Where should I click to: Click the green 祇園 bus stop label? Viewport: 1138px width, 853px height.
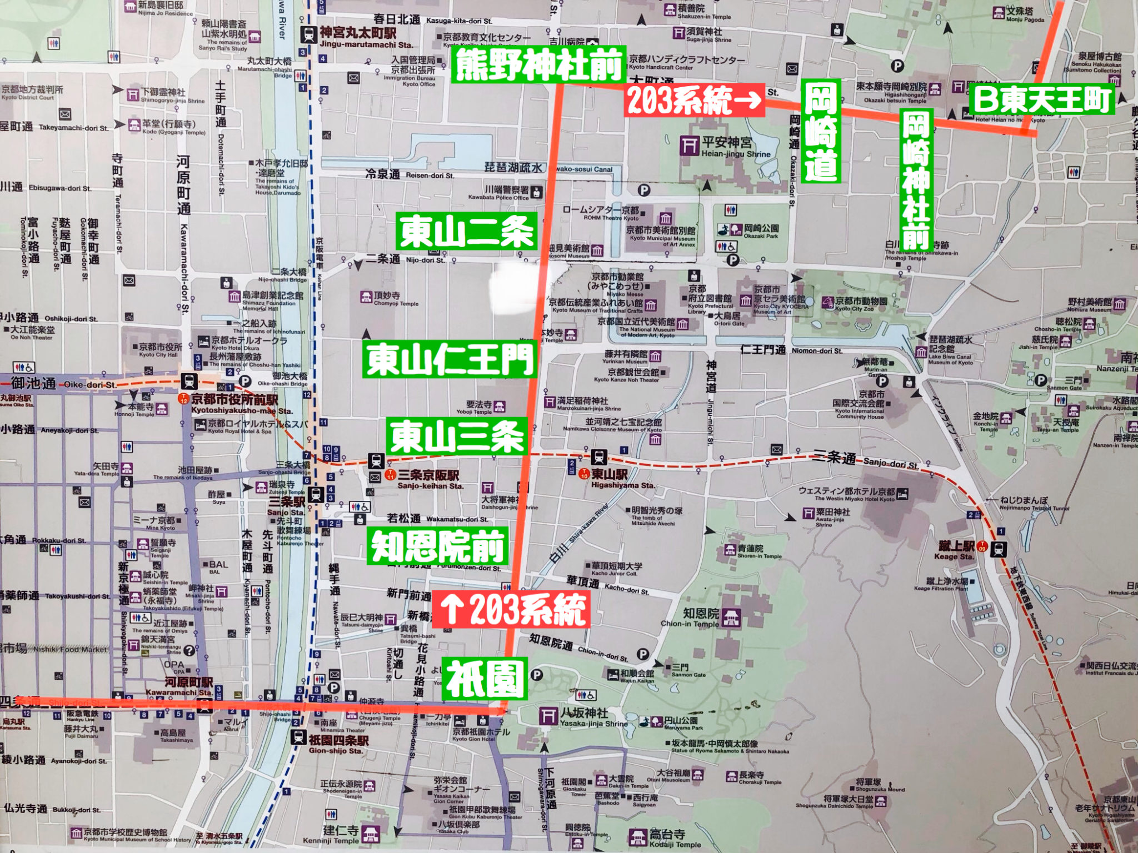pos(484,679)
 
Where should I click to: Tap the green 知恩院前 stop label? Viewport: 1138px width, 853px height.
pos(438,546)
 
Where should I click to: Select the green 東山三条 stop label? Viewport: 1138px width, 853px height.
pos(457,436)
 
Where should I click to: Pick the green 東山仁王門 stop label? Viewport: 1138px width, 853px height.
pos(450,359)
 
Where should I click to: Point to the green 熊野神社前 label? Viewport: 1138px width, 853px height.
pos(538,65)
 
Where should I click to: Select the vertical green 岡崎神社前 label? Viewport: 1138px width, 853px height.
pos(915,179)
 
